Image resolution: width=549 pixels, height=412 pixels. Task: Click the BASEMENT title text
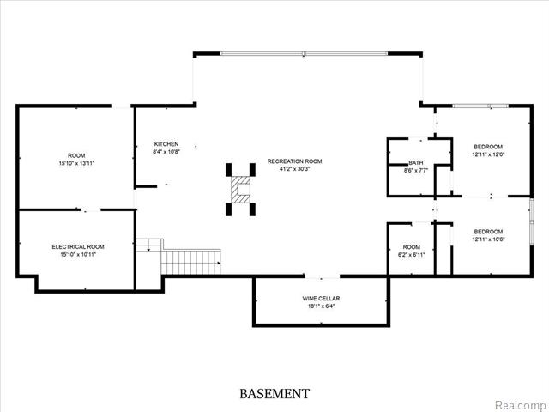(274, 394)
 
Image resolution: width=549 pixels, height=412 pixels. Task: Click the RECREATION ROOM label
(295, 161)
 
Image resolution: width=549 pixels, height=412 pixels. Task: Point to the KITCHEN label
(166, 143)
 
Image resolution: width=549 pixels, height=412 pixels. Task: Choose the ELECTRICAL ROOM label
(77, 247)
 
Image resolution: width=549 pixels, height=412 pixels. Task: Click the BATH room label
(416, 163)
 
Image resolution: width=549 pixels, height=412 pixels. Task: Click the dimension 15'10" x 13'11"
(76, 163)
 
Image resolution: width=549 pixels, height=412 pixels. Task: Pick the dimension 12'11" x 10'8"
(488, 239)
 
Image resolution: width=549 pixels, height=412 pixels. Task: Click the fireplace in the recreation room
(240, 189)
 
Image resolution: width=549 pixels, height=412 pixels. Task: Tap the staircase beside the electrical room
(190, 260)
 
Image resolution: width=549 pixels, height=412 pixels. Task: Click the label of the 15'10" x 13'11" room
(76, 155)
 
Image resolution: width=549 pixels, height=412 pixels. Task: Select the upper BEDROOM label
(488, 147)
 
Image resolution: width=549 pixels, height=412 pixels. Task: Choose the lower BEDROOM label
(488, 232)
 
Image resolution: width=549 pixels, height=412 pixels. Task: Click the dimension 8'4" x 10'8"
(166, 152)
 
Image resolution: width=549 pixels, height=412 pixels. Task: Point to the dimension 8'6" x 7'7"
(416, 171)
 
